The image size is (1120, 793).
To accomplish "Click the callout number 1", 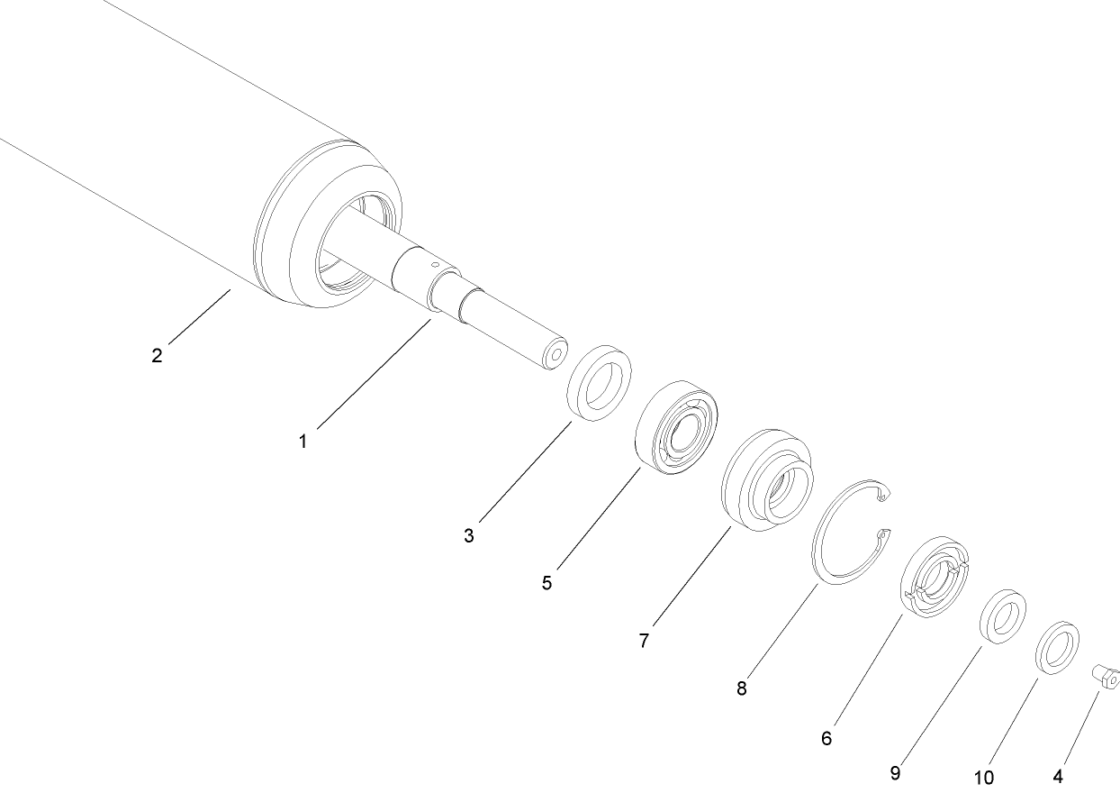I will (x=303, y=442).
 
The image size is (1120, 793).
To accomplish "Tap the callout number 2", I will (x=157, y=355).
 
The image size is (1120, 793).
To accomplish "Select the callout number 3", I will (x=469, y=535).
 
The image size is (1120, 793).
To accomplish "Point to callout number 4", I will (x=1058, y=775).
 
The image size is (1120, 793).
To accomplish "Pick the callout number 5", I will (x=546, y=582).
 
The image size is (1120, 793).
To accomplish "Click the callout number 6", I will (x=826, y=738).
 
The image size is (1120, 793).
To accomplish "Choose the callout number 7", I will (x=644, y=641).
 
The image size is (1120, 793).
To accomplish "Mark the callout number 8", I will (x=741, y=688).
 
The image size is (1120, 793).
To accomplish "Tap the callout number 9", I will (x=895, y=772).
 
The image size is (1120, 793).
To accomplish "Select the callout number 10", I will (x=983, y=776).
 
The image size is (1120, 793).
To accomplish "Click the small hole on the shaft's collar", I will (x=434, y=265).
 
